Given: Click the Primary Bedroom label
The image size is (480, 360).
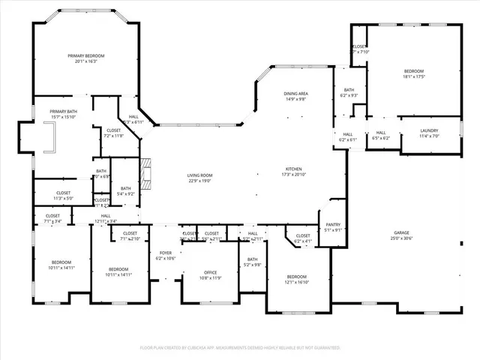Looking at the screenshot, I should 86,56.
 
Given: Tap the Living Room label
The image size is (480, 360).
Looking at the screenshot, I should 199,175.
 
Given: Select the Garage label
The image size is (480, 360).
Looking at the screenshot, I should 402,233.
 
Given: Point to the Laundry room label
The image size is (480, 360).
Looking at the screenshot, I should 428,131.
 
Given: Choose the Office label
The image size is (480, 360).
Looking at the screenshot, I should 210,272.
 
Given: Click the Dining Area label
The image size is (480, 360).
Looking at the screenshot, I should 295,93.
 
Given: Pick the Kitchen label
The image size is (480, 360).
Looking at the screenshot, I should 293,169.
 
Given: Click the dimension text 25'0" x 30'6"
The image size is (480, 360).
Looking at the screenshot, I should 402,238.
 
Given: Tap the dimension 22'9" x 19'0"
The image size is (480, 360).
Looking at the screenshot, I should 199,180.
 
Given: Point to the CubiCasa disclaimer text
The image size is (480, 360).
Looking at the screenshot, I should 240,347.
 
